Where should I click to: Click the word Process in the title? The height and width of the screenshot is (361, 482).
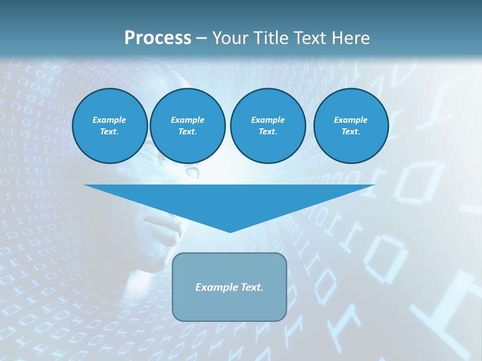(158, 38)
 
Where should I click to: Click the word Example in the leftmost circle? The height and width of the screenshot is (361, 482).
(109, 120)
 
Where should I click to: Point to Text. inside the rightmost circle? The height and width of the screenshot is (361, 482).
(351, 131)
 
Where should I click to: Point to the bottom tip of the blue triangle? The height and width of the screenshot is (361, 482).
(230, 232)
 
